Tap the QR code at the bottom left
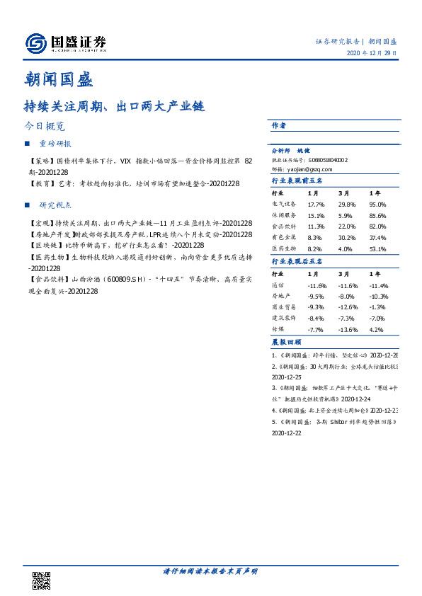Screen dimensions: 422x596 41,578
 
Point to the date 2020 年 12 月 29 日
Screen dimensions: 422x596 371,53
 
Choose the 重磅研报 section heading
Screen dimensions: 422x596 55,144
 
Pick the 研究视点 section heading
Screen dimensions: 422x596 55,205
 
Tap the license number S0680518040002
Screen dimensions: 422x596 324,161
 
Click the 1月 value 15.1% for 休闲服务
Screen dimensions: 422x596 316,215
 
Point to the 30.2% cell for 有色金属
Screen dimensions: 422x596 347,238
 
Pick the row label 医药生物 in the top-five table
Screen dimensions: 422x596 284,249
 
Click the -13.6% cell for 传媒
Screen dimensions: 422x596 347,330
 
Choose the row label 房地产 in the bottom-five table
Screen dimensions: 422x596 282,296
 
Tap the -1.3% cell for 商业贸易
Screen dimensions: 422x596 377,307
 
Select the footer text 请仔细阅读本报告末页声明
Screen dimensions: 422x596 210,571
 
